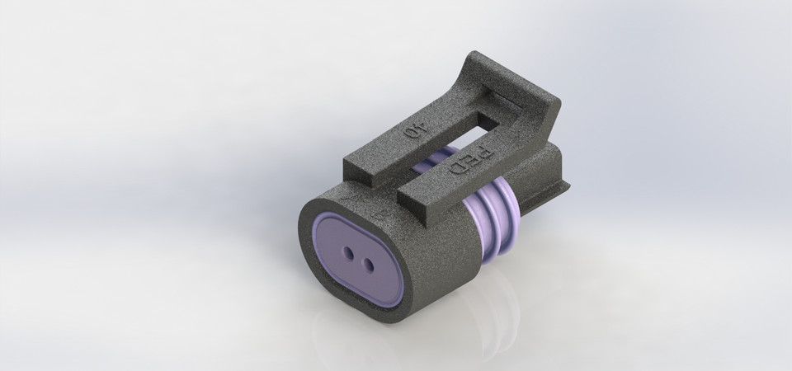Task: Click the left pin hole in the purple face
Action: point(346,253)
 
